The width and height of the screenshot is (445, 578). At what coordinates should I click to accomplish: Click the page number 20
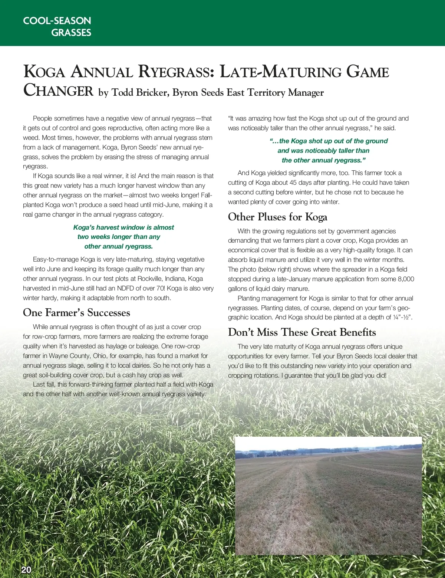[26, 570]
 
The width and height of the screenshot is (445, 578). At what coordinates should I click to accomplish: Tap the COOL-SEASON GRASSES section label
[57, 26]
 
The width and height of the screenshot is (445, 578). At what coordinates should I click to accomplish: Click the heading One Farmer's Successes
[76, 312]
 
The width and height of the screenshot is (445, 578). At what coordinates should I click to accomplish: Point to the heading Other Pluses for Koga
[277, 217]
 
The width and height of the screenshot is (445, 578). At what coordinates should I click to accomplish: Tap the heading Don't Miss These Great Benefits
[302, 332]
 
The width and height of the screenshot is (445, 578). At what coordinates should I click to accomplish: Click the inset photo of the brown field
[329, 496]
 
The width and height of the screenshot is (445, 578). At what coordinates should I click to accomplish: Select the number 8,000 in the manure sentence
[406, 279]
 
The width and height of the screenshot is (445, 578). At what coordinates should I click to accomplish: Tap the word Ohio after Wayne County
[100, 356]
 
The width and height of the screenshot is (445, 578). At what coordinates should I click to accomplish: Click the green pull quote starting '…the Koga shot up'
[323, 151]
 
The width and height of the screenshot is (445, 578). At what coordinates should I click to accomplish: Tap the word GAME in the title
[367, 72]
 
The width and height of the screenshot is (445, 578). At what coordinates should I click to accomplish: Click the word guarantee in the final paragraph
[299, 375]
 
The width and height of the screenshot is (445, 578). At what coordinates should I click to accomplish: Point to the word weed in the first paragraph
[31, 138]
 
